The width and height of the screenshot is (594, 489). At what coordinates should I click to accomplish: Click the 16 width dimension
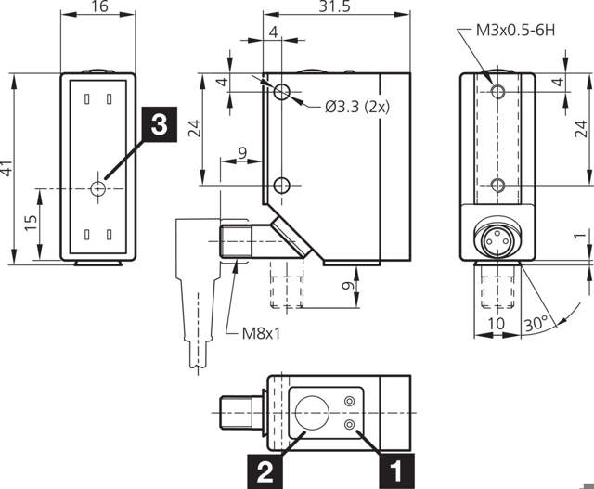[97, 7]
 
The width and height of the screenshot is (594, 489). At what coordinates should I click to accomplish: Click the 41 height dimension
[7, 169]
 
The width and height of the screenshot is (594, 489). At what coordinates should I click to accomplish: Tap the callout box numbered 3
[159, 125]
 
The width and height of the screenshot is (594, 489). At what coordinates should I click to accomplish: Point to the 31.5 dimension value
[336, 7]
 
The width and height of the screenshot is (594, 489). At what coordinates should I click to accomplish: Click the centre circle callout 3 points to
[99, 188]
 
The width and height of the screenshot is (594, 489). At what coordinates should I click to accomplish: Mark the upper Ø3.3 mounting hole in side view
[283, 92]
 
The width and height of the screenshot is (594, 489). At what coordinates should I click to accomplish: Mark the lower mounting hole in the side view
[283, 186]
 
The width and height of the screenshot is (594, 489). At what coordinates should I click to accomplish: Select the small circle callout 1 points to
[350, 423]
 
